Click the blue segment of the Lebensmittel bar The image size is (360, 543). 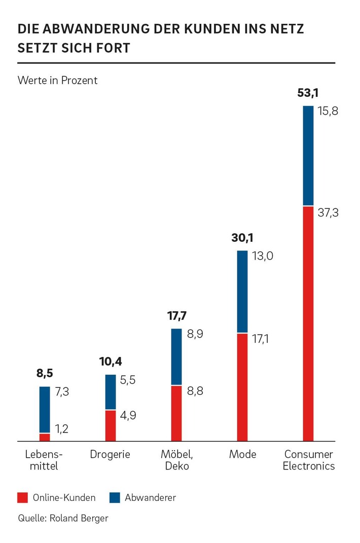(45, 410)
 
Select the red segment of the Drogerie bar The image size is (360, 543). (111, 425)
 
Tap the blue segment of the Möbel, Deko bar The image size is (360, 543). (176, 357)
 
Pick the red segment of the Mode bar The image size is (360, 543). (242, 387)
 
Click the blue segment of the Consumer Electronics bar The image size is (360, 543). (308, 156)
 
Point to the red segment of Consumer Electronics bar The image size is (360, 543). (308, 323)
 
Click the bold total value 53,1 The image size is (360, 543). (308, 93)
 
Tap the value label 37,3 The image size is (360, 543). (328, 212)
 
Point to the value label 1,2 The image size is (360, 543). (62, 429)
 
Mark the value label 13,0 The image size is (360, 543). (263, 256)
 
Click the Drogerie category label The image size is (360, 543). (110, 454)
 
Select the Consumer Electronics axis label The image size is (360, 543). (308, 460)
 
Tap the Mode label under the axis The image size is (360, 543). (242, 454)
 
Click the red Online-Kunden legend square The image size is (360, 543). (22, 497)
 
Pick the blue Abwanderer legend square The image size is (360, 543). (115, 497)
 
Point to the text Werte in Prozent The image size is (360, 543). (57, 80)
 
